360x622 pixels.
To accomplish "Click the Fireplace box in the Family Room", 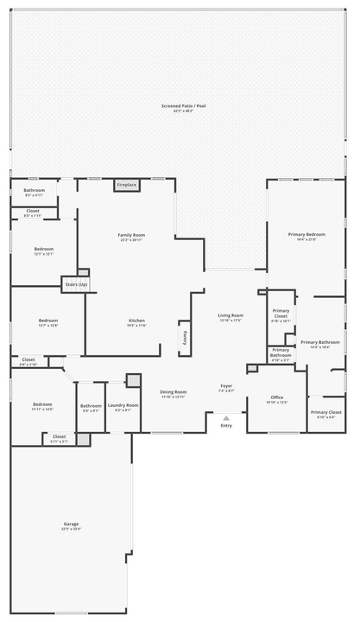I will [x=126, y=185].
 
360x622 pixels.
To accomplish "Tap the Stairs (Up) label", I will [x=76, y=284].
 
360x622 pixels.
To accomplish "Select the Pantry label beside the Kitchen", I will [x=184, y=336].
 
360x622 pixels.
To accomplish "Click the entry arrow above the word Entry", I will [x=226, y=418].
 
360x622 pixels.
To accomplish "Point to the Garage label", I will [x=71, y=524].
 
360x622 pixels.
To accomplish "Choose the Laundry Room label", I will [x=122, y=405].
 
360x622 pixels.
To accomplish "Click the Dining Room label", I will [x=174, y=392].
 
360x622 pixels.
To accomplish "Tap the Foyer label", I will [x=226, y=386].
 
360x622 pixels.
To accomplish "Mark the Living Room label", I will [x=231, y=315].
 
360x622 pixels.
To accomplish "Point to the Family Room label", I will [x=131, y=235].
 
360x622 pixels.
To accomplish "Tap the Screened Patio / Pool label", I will [x=183, y=105].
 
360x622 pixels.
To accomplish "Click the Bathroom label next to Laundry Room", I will [x=91, y=405].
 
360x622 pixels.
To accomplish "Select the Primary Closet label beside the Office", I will [x=325, y=412].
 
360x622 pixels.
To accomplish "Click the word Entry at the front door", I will [x=226, y=426].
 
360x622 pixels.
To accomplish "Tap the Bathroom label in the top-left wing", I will [x=34, y=190].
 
